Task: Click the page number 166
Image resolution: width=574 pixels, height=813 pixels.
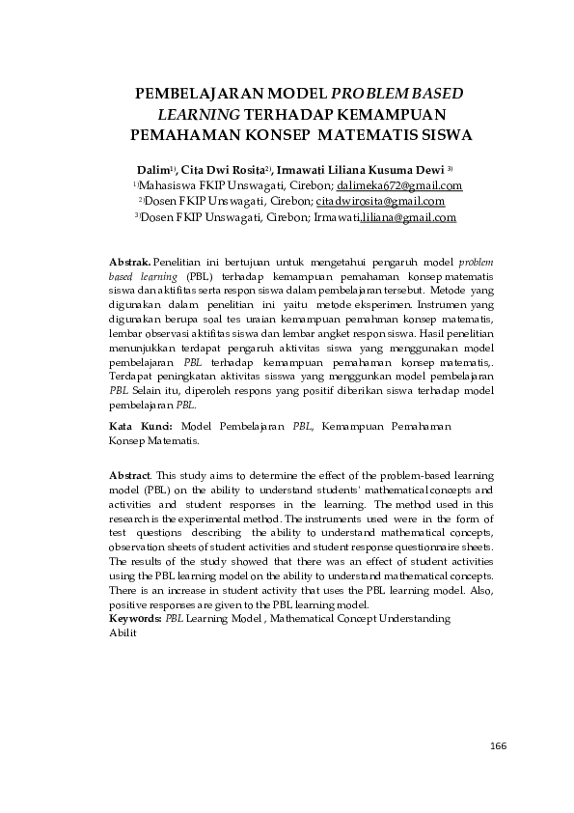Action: pos(498,745)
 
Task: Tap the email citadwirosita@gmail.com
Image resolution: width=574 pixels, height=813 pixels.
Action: pos(380,202)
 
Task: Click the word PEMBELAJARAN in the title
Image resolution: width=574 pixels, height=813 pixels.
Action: pos(193,94)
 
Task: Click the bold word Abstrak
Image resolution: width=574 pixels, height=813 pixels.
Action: pos(129,262)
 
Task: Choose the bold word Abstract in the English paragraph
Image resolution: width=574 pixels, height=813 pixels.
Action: pos(130,476)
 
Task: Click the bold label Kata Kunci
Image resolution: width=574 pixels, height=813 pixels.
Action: pos(141,426)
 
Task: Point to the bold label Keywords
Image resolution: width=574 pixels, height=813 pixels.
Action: pos(135,617)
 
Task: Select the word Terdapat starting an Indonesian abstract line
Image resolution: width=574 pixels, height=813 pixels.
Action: pos(132,375)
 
